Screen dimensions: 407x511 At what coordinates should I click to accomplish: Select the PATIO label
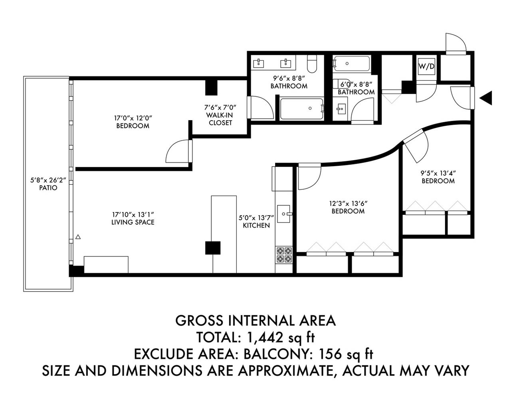pyautogui.click(x=48, y=188)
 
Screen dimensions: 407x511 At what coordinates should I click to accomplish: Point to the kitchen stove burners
pyautogui.click(x=284, y=255)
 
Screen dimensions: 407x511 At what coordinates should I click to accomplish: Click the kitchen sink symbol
pyautogui.click(x=284, y=214)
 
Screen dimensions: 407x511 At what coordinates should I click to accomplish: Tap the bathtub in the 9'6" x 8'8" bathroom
pyautogui.click(x=302, y=108)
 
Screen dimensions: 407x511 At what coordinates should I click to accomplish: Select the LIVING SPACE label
pyautogui.click(x=133, y=222)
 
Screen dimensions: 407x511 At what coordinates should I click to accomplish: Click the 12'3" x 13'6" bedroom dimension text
pyautogui.click(x=348, y=203)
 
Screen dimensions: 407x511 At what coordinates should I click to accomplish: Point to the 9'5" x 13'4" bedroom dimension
pyautogui.click(x=438, y=173)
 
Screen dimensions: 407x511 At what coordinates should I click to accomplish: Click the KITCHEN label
pyautogui.click(x=256, y=225)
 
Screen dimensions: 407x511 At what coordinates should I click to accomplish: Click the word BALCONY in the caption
pyautogui.click(x=279, y=354)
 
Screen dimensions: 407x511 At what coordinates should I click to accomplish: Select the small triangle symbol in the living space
pyautogui.click(x=78, y=237)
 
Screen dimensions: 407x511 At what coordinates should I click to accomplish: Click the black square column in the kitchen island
pyautogui.click(x=212, y=248)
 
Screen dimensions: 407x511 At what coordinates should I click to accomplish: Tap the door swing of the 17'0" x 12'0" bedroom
pyautogui.click(x=178, y=151)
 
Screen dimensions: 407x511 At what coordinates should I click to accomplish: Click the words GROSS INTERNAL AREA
pyautogui.click(x=255, y=320)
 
